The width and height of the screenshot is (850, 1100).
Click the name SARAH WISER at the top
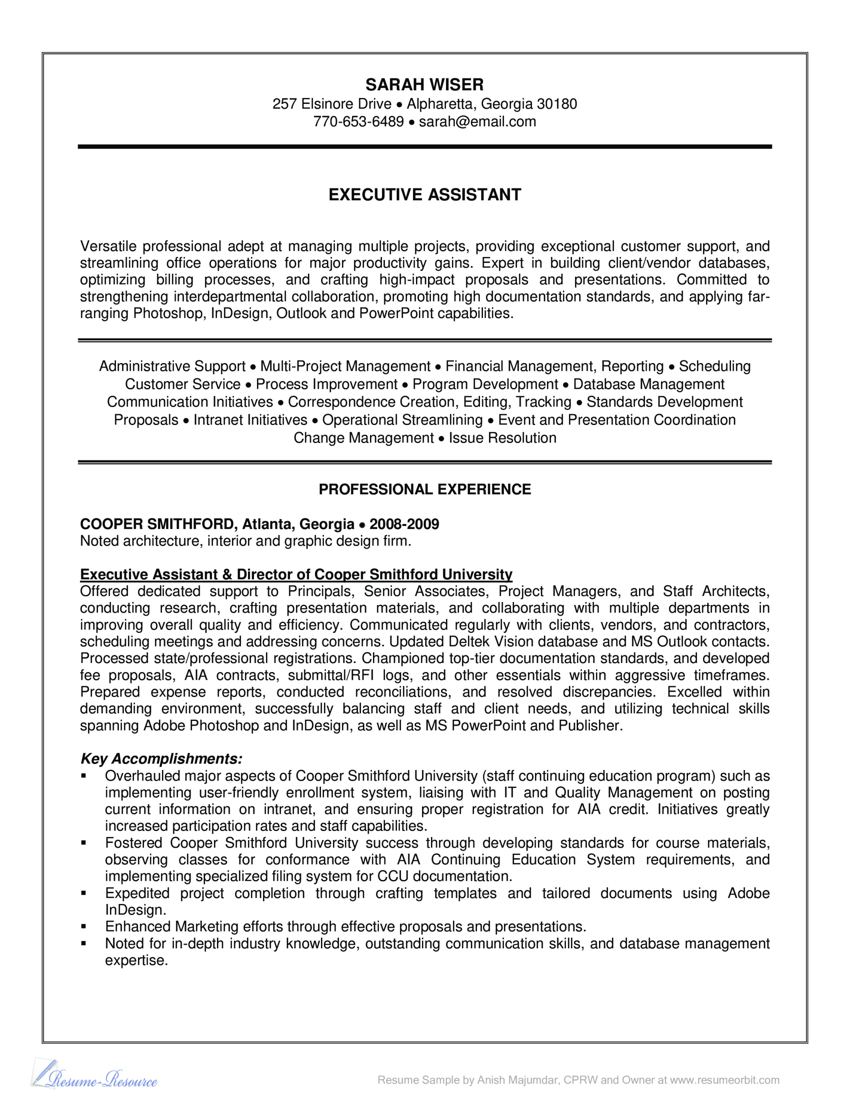(x=424, y=85)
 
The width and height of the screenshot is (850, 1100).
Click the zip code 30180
(x=557, y=104)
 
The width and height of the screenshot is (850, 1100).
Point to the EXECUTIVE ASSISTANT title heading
(x=424, y=195)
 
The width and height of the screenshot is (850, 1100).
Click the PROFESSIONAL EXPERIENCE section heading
(x=424, y=489)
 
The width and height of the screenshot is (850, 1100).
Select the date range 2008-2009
(x=404, y=524)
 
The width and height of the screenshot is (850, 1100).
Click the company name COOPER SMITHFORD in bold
(x=158, y=524)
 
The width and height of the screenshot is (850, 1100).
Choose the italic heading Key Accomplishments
(x=161, y=759)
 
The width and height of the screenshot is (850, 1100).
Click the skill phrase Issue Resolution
(x=502, y=438)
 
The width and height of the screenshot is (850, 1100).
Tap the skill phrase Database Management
(x=648, y=384)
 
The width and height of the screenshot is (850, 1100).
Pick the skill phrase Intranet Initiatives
(x=250, y=420)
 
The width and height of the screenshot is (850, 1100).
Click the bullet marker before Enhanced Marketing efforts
(x=84, y=927)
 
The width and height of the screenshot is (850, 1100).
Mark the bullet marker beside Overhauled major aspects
(x=84, y=776)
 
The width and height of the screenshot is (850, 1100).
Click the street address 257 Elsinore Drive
(x=332, y=104)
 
